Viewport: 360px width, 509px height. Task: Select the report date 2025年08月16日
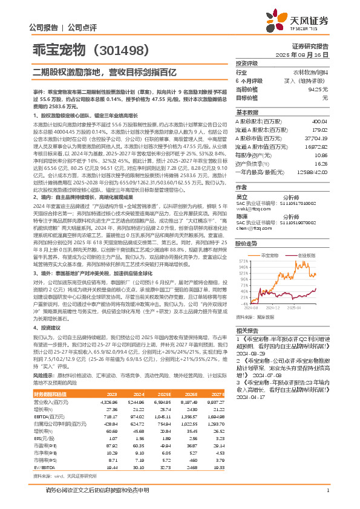click(x=308, y=54)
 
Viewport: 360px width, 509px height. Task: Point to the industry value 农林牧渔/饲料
click(x=312, y=72)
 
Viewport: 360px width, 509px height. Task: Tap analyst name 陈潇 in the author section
click(x=241, y=215)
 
